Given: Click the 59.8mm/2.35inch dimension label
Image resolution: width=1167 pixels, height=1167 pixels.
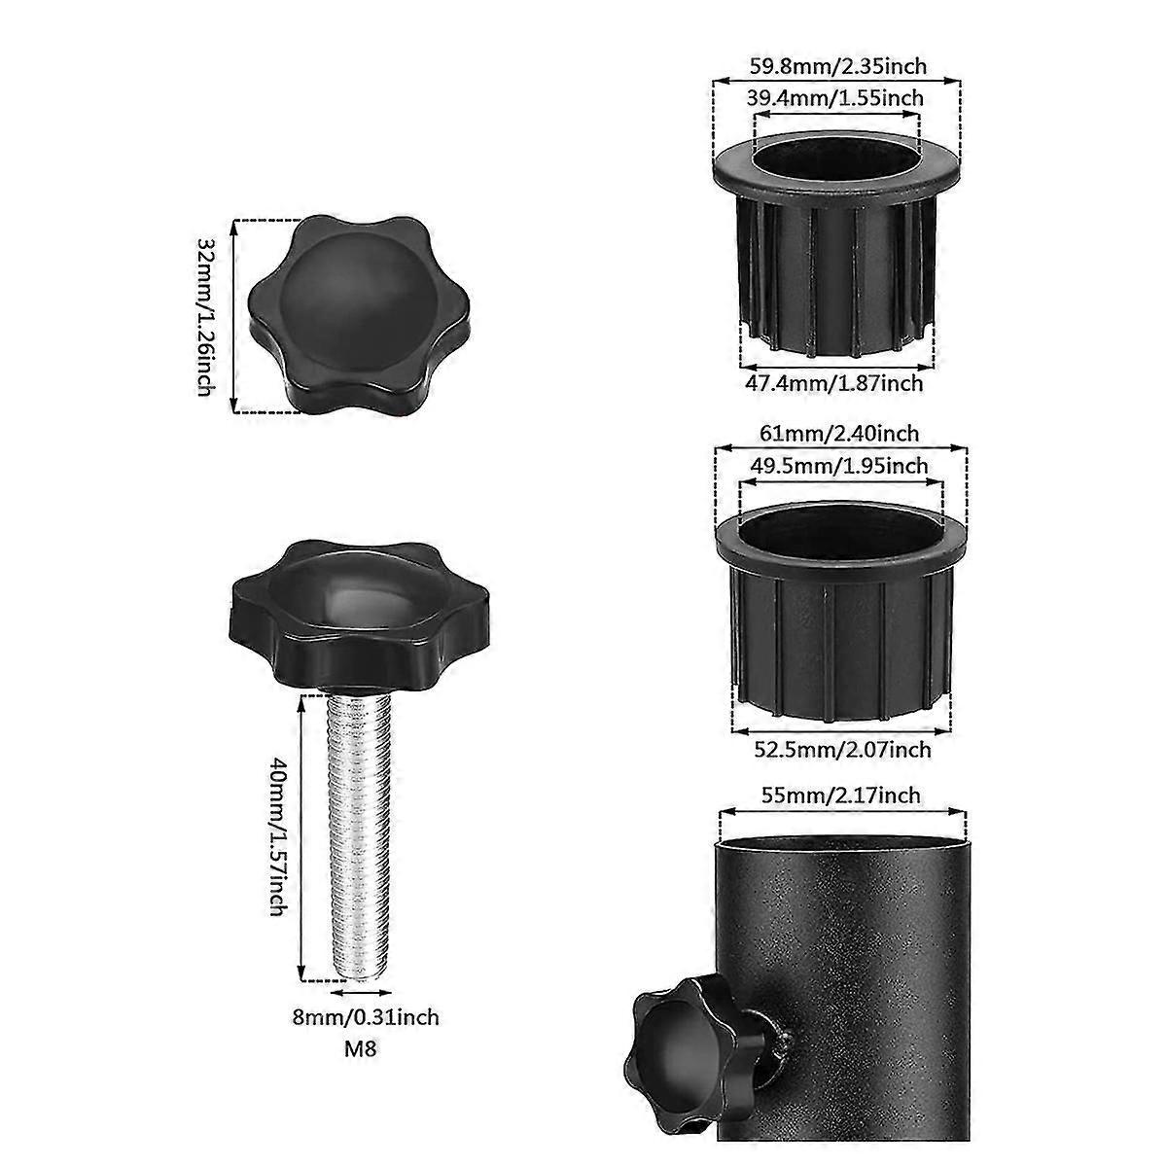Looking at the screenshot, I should pyautogui.click(x=837, y=67).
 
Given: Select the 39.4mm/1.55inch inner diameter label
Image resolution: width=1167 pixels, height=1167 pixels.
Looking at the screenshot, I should pyautogui.click(x=835, y=98).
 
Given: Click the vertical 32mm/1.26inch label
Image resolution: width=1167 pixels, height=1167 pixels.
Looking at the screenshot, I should pyautogui.click(x=205, y=316).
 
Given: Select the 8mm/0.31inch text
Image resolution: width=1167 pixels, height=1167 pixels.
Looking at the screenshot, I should pyautogui.click(x=367, y=1017).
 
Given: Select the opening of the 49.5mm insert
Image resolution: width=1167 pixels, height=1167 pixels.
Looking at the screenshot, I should pyautogui.click(x=841, y=520).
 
